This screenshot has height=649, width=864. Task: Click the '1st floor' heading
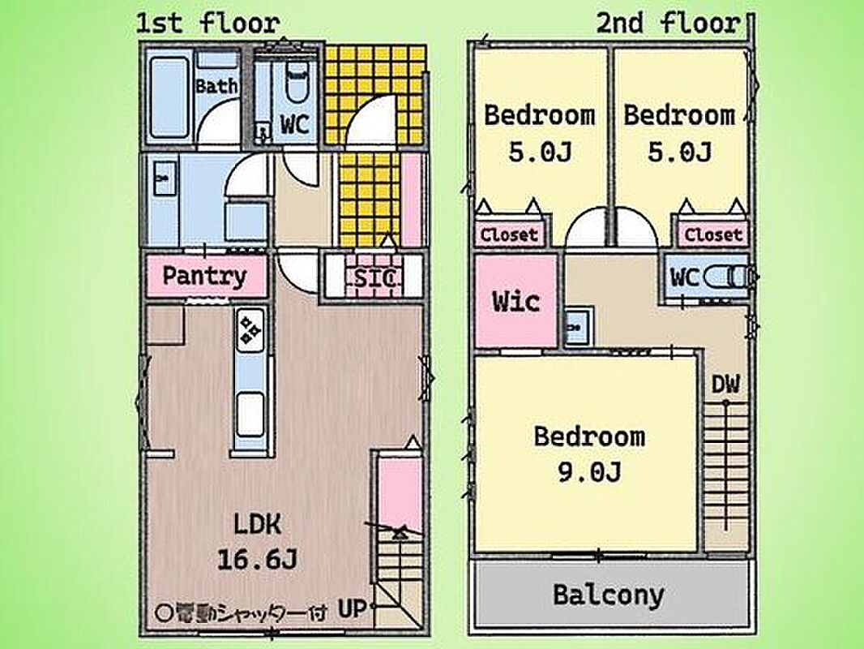click(x=207, y=24)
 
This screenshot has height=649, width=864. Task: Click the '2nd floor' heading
click(x=668, y=24)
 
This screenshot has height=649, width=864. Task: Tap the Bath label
click(x=216, y=86)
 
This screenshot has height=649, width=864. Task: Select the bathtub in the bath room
click(x=169, y=97)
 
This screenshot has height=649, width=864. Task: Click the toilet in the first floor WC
click(x=297, y=83)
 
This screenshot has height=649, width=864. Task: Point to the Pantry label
click(x=204, y=276)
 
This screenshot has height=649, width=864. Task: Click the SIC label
click(x=374, y=278)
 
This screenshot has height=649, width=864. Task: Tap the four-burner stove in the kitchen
click(x=251, y=329)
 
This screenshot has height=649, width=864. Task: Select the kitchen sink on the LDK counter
click(x=250, y=414)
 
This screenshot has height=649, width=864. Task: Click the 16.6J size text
click(x=257, y=560)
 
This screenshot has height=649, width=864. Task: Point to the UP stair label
click(x=352, y=608)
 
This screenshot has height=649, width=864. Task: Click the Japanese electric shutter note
click(x=242, y=612)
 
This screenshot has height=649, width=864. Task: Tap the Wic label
click(x=515, y=301)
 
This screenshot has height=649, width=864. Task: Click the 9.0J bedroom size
click(x=589, y=472)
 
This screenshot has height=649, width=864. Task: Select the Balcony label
click(x=609, y=595)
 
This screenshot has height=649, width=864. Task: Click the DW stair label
click(x=725, y=385)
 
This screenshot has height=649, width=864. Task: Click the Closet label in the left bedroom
click(x=509, y=235)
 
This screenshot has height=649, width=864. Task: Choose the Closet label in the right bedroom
click(x=713, y=235)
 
